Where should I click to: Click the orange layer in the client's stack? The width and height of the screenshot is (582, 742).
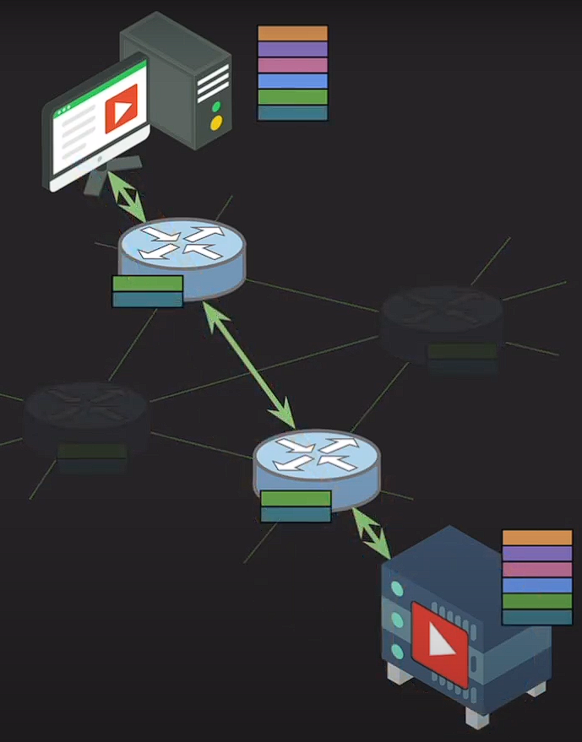[292, 33]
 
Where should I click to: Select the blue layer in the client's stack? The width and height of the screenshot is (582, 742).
[292, 81]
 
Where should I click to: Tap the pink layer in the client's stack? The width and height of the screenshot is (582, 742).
[292, 65]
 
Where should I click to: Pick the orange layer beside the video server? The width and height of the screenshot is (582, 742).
[537, 538]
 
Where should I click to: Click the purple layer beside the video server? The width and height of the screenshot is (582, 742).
[537, 554]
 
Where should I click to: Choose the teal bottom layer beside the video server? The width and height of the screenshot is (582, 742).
[537, 617]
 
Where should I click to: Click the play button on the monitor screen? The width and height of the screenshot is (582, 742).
[121, 113]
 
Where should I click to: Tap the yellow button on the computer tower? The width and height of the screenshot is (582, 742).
[216, 123]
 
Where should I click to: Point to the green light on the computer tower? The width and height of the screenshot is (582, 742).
[217, 107]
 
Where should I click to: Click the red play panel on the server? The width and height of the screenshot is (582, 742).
[439, 643]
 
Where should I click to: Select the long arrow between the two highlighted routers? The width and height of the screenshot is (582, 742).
[249, 366]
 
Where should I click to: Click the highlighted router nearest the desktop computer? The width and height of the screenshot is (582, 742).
[182, 250]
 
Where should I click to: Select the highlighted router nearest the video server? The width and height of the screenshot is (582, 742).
[317, 463]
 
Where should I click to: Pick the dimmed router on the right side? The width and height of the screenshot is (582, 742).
[441, 320]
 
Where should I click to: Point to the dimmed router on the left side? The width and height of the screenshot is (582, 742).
[86, 417]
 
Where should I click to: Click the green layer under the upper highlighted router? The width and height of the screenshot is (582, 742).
[147, 284]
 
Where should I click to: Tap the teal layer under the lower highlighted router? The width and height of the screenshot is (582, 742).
[295, 514]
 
